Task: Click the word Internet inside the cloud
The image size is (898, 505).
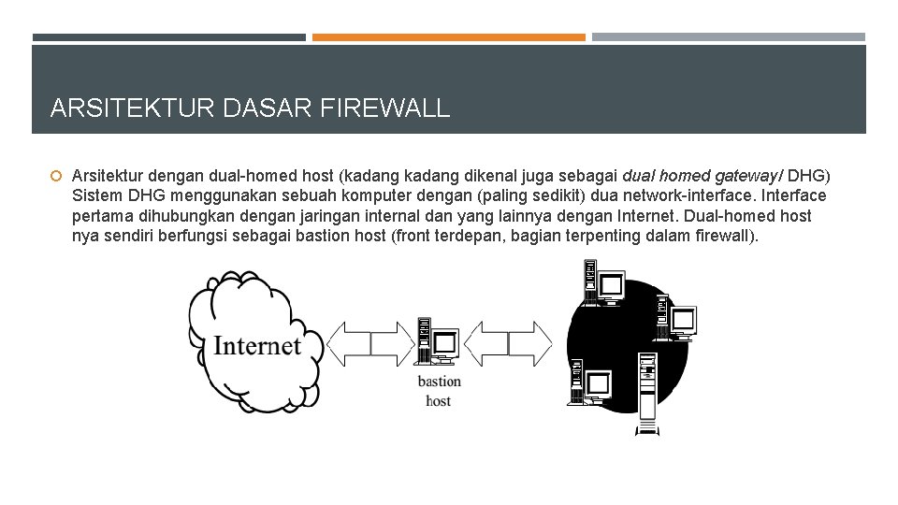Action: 257,345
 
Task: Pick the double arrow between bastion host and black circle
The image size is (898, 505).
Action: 508,343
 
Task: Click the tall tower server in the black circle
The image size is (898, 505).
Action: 646,393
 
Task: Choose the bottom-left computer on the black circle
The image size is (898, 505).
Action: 590,383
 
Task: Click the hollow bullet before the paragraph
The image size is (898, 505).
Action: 56,177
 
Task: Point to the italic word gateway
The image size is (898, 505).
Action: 745,176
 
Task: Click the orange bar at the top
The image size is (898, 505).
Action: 449,37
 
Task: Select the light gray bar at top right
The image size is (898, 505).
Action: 729,37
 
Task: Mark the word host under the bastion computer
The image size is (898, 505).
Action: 438,401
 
